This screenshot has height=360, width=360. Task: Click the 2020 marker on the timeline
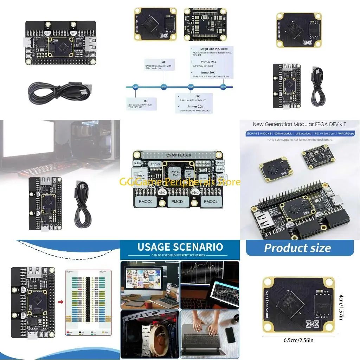click(x=135, y=87)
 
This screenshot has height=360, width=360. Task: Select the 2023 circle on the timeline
click(x=223, y=87)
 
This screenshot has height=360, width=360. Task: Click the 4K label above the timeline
click(x=164, y=62)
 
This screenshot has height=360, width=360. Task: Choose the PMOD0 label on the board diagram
click(x=146, y=202)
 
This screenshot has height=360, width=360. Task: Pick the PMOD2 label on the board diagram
click(x=211, y=202)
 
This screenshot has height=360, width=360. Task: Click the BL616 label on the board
click(x=203, y=178)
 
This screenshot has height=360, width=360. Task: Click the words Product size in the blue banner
click(x=297, y=248)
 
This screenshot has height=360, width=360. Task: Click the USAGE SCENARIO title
click(x=180, y=247)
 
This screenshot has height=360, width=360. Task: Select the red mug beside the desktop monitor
click(x=148, y=303)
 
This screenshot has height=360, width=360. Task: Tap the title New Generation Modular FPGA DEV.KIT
click(x=300, y=124)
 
